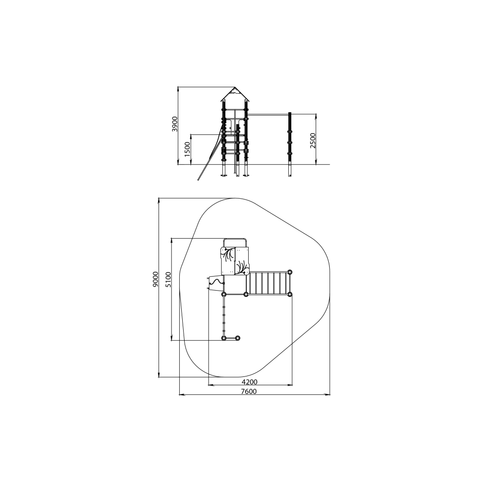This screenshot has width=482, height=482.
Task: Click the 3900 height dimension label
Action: click(174, 124)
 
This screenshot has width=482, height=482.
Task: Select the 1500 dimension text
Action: click(187, 149)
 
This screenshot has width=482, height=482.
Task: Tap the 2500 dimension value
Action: click(313, 140)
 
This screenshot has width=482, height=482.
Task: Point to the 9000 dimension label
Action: click(155, 279)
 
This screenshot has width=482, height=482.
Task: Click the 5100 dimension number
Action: click(168, 280)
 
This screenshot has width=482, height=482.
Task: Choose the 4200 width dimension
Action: click(249, 382)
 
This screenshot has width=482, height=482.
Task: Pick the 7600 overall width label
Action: click(249, 391)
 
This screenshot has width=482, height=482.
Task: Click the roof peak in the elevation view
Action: click(235, 88)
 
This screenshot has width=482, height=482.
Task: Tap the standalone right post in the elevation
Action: click(290, 145)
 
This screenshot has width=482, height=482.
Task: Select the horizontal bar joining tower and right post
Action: click(268, 115)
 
